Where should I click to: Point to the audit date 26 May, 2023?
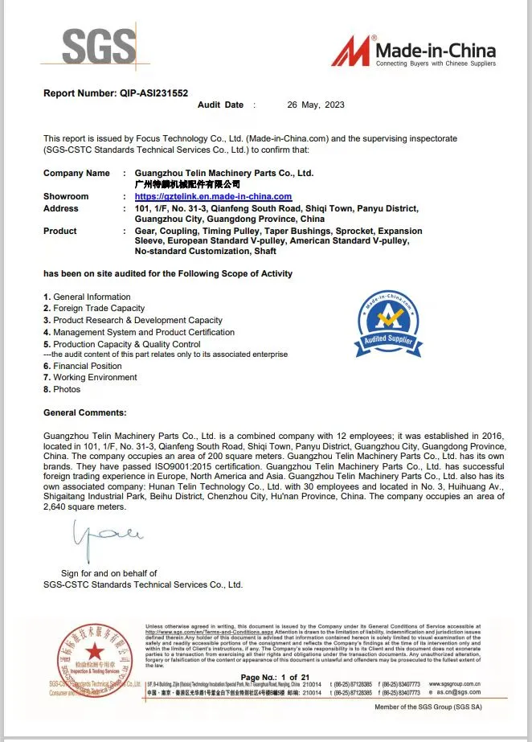[x=316, y=105]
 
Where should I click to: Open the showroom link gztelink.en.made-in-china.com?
[x=213, y=197]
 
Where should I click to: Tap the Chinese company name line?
[x=187, y=185]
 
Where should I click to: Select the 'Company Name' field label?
[x=76, y=173]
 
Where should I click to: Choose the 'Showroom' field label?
[x=66, y=197]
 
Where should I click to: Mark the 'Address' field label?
[x=61, y=208]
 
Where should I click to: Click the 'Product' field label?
[x=60, y=231]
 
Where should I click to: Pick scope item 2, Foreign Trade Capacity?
[x=94, y=309]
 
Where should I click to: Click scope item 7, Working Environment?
[x=90, y=377]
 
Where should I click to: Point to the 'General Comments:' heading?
[x=84, y=412]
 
